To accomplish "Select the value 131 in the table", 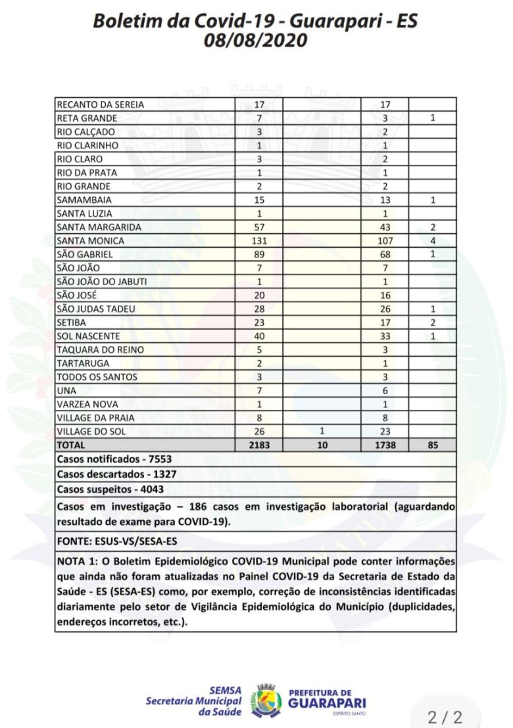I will [259, 240].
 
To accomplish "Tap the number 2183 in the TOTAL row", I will [259, 445].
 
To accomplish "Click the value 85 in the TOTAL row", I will [432, 445].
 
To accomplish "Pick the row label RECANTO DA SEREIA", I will [100, 104].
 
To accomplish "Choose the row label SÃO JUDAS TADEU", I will [93, 309].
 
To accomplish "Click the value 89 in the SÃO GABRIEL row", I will [259, 254].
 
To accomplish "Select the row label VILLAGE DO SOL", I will [91, 432].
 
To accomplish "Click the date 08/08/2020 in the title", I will [256, 40].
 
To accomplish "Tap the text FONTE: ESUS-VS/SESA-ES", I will [118, 541].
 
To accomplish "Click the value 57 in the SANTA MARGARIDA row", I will [259, 227].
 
